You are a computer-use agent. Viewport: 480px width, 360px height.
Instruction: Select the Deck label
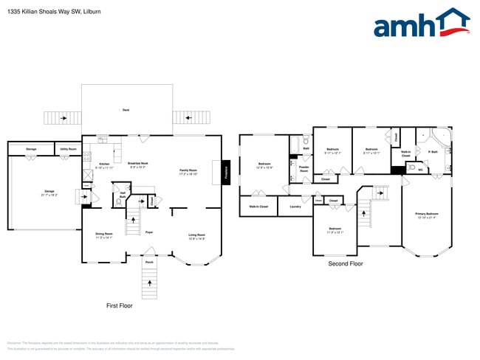126,111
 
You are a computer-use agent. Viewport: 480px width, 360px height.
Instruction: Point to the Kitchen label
104,165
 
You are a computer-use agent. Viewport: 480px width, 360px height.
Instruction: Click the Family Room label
189,172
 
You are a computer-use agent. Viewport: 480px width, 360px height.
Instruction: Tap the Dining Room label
104,235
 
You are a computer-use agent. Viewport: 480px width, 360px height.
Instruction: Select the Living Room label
196,235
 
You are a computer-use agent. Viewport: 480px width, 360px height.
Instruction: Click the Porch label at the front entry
148,262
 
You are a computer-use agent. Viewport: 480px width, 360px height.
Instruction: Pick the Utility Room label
69,149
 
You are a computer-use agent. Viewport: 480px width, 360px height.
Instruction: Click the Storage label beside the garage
31,149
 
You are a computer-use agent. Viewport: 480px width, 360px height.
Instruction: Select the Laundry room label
295,207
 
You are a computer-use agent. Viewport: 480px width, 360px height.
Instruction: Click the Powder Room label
304,169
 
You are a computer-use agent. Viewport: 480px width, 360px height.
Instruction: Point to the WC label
420,170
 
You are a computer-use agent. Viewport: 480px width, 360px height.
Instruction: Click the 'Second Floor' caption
346,263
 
